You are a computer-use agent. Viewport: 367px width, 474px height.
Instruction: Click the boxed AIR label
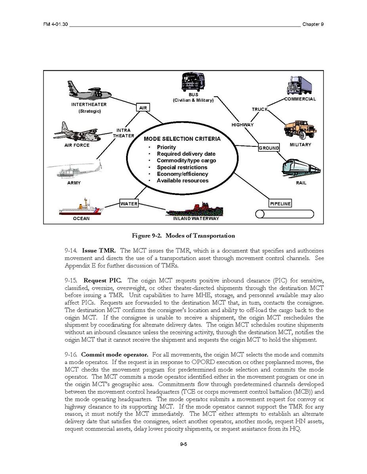[143, 108]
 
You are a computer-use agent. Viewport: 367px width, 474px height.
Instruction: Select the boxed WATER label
[129, 204]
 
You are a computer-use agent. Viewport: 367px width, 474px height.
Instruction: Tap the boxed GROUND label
[269, 148]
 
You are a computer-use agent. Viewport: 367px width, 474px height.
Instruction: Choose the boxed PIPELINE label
[280, 204]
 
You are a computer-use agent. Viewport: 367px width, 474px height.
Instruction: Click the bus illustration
[193, 83]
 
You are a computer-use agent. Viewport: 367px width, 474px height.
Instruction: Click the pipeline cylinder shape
[285, 214]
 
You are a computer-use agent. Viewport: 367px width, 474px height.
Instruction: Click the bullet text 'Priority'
[166, 147]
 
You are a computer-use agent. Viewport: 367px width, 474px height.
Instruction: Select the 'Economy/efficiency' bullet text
[182, 174]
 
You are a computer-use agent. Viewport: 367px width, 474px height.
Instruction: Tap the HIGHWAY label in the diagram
[243, 125]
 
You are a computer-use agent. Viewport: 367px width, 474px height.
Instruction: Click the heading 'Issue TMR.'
[99, 251]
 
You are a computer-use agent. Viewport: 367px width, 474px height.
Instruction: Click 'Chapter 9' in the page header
[313, 24]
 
